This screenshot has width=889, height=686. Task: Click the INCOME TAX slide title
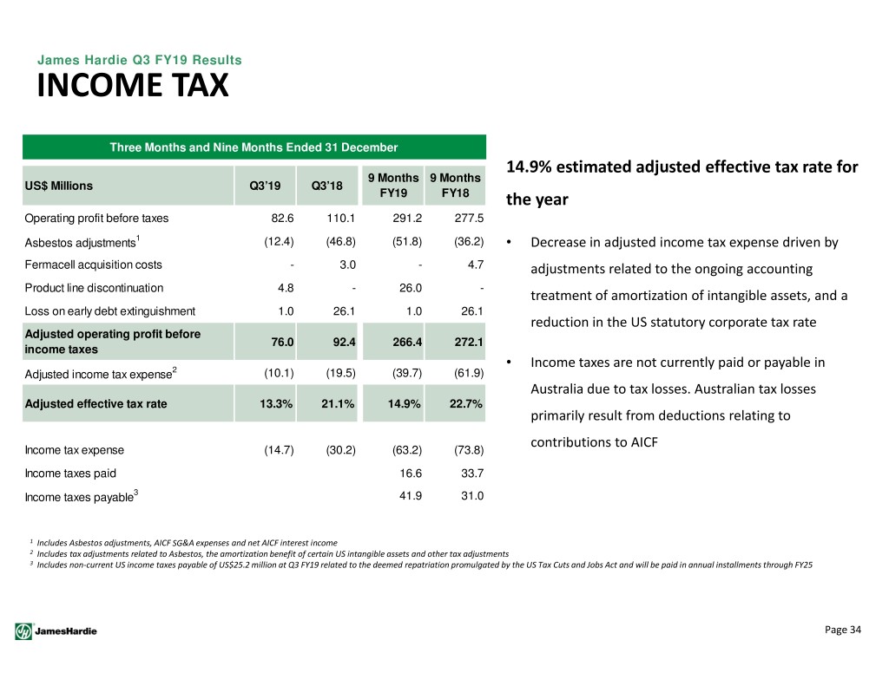[x=133, y=86]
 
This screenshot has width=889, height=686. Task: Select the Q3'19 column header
[x=265, y=186]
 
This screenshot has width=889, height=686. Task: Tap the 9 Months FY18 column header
[x=455, y=186]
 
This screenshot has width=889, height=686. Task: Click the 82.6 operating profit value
[x=282, y=218]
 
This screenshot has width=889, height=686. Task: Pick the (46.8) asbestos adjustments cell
[x=340, y=241]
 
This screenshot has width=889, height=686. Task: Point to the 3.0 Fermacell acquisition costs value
[x=347, y=265]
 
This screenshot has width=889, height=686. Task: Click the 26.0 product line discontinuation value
[x=411, y=288]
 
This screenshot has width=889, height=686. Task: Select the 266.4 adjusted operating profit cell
[x=408, y=342]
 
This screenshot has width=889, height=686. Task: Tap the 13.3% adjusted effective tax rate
[x=276, y=404]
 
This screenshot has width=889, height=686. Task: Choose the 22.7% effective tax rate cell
[x=466, y=404]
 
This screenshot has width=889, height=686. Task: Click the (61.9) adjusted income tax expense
[x=469, y=373]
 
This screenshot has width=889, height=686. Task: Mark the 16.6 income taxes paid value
[x=411, y=473]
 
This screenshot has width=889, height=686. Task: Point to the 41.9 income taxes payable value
[x=411, y=496]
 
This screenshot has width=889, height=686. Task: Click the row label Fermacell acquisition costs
[x=93, y=265]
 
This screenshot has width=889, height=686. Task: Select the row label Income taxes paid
[x=70, y=473]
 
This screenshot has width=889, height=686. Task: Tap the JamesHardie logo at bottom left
[x=56, y=631]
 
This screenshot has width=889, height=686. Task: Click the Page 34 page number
[x=842, y=630]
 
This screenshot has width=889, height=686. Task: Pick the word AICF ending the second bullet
[x=644, y=441]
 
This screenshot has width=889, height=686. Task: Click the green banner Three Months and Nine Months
[x=254, y=147]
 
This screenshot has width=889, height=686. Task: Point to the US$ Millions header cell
[x=58, y=186]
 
